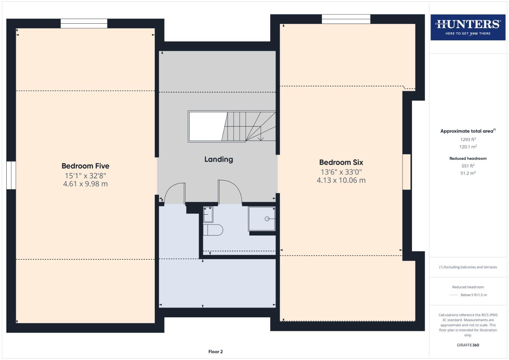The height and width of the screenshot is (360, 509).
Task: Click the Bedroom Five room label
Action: coord(85,166)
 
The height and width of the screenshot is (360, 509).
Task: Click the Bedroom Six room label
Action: coord(341,162)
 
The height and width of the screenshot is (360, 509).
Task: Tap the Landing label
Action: coord(218,159)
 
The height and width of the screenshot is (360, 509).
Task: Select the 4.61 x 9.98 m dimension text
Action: coord(85,184)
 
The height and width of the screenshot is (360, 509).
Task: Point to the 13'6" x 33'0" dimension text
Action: coord(341,172)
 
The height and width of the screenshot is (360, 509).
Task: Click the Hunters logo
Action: coord(468,27)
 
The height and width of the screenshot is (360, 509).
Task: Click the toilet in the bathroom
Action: coord(213,230)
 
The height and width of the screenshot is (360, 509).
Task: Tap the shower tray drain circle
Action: coord(267,219)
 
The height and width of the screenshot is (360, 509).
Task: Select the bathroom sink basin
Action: coord(208,215)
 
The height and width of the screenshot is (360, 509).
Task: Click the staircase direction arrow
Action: coord(261,137)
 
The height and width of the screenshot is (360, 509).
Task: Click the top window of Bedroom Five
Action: coord(84,23)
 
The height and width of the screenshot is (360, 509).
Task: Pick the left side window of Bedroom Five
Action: coord(11,175)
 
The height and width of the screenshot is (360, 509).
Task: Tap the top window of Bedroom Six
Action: coord(346,19)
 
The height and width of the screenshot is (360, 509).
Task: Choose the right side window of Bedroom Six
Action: coord(406,172)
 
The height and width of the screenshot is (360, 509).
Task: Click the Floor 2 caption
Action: coord(215,352)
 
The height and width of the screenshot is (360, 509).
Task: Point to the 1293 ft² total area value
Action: coord(468,140)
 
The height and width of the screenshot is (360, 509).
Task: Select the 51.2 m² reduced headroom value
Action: coord(468,173)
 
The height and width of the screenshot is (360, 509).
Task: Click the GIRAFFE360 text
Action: coord(468,345)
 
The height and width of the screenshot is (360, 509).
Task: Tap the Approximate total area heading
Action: coord(467,131)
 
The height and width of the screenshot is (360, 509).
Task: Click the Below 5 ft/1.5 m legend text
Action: coord(473,295)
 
